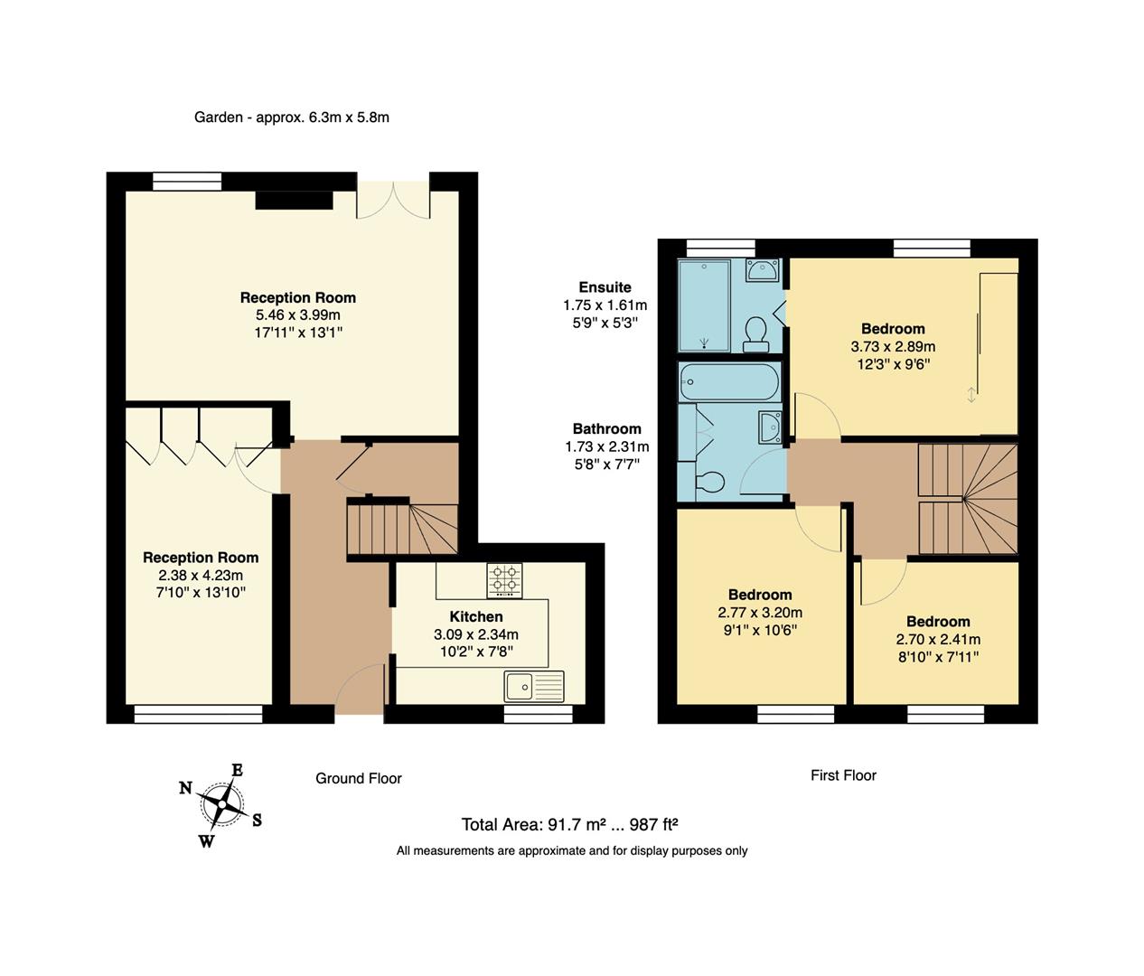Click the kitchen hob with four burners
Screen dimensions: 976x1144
pyautogui.click(x=505, y=581)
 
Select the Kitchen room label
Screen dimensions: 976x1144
pyautogui.click(x=476, y=617)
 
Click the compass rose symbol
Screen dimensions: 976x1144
pyautogui.click(x=220, y=803)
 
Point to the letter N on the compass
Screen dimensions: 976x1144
pyautogui.click(x=185, y=788)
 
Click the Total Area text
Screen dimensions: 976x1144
pyautogui.click(x=569, y=824)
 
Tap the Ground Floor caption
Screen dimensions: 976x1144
pyautogui.click(x=358, y=778)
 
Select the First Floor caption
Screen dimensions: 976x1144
pyautogui.click(x=843, y=775)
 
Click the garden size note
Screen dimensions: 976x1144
pyautogui.click(x=292, y=117)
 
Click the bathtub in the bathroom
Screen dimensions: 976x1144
pyautogui.click(x=728, y=382)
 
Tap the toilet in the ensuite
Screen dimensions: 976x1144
pyautogui.click(x=755, y=334)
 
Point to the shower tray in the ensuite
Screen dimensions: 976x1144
pyautogui.click(x=704, y=305)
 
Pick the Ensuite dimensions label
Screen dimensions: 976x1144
pyautogui.click(x=605, y=305)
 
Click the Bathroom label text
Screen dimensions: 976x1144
pyautogui.click(x=607, y=429)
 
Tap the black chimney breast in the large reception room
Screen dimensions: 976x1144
pyautogui.click(x=294, y=200)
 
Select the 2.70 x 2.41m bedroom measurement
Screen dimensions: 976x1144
pyautogui.click(x=938, y=639)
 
